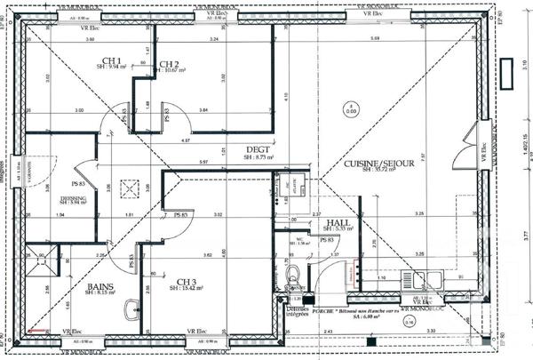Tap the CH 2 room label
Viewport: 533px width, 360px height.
click(x=170, y=64)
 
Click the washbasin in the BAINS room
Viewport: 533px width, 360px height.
click(x=132, y=308)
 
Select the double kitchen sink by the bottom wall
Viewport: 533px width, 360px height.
click(x=418, y=277)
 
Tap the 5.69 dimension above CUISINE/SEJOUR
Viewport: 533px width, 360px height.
click(x=375, y=40)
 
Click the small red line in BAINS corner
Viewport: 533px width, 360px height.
click(x=36, y=332)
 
